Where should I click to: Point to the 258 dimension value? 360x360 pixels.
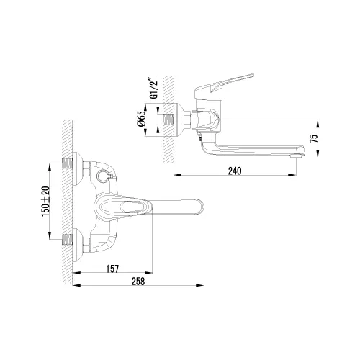click(x=139, y=282)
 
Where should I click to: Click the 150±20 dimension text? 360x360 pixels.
click(x=45, y=204)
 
